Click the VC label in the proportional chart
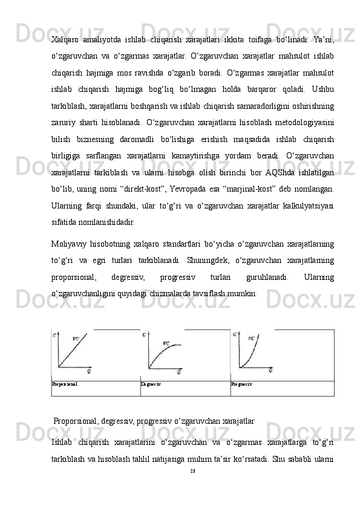pyautogui.click(x=76, y=339)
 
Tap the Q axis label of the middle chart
pyautogui.click(x=178, y=371)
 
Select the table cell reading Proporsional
pyautogui.click(x=65, y=384)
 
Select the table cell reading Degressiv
pyautogui.click(x=151, y=384)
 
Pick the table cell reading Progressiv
pyautogui.click(x=241, y=384)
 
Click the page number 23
pyautogui.click(x=192, y=470)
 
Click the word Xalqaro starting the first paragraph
pyautogui.click(x=66, y=39)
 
